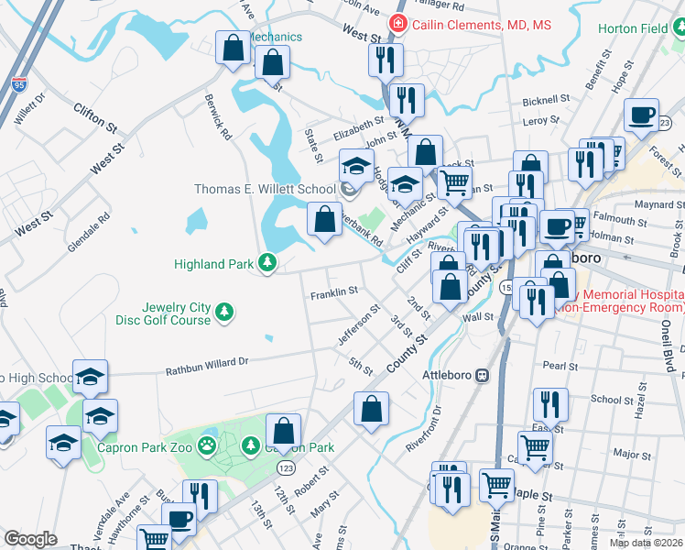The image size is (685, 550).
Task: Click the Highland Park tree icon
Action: coord(266,264)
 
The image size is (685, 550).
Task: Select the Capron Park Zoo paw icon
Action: coord(209,447)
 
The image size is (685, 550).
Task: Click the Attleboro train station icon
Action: coord(482,375)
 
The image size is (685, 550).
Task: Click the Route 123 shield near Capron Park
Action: coord(285,467)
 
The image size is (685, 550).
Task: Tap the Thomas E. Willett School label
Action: coord(265,190)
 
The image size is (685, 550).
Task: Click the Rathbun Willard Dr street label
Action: coord(207,367)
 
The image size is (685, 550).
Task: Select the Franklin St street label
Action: coord(333,293)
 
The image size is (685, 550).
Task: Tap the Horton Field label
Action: coord(632,28)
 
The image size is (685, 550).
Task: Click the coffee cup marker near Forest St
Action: coord(642,115)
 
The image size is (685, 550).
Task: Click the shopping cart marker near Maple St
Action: coord(497,486)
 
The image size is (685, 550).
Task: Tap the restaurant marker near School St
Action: coord(550,403)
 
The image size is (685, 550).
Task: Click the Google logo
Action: coord(30,539)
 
